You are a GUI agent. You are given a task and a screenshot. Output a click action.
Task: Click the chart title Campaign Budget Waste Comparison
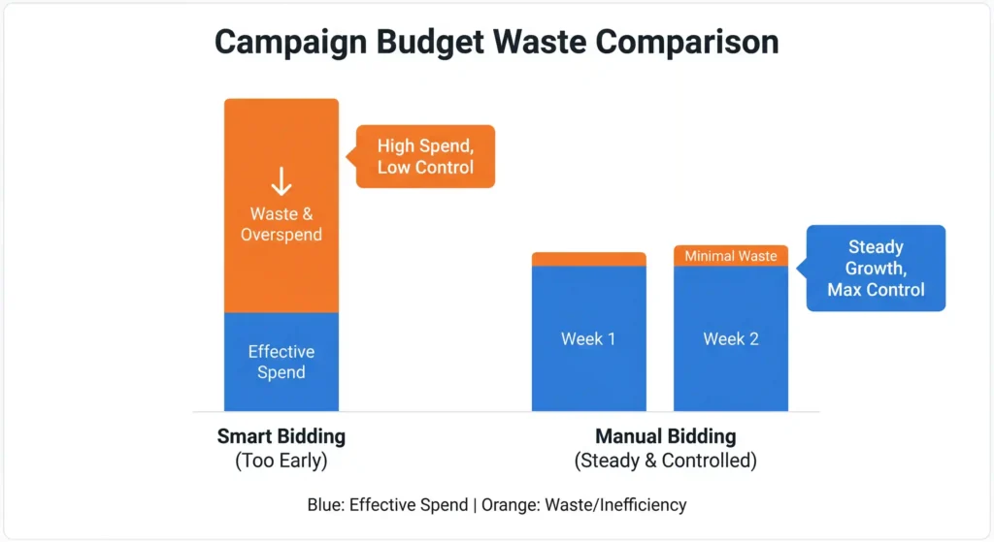tap(496, 43)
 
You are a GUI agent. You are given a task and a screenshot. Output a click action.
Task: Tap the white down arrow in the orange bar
tap(282, 181)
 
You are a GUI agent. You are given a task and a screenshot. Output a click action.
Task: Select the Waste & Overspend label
tap(282, 224)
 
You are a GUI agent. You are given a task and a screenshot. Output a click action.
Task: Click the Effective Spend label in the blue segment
tap(282, 362)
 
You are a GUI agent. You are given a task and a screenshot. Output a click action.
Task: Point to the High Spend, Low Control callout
tap(425, 156)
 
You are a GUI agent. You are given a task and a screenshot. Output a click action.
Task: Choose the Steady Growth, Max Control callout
tap(876, 269)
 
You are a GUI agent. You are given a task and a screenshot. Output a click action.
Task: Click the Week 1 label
tap(588, 339)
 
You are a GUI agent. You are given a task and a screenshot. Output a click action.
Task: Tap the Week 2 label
tap(731, 339)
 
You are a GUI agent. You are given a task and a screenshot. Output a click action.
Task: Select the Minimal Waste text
tap(731, 256)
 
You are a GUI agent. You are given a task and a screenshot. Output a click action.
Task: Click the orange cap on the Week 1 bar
tap(588, 259)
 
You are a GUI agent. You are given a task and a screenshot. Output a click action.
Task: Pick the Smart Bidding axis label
tap(282, 436)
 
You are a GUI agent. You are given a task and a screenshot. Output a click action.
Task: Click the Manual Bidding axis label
tap(665, 436)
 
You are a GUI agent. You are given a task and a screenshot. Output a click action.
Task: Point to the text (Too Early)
tap(282, 461)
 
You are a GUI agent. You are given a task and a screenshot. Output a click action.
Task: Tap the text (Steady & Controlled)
tap(665, 461)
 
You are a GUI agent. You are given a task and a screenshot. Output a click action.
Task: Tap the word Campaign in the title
tap(288, 43)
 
